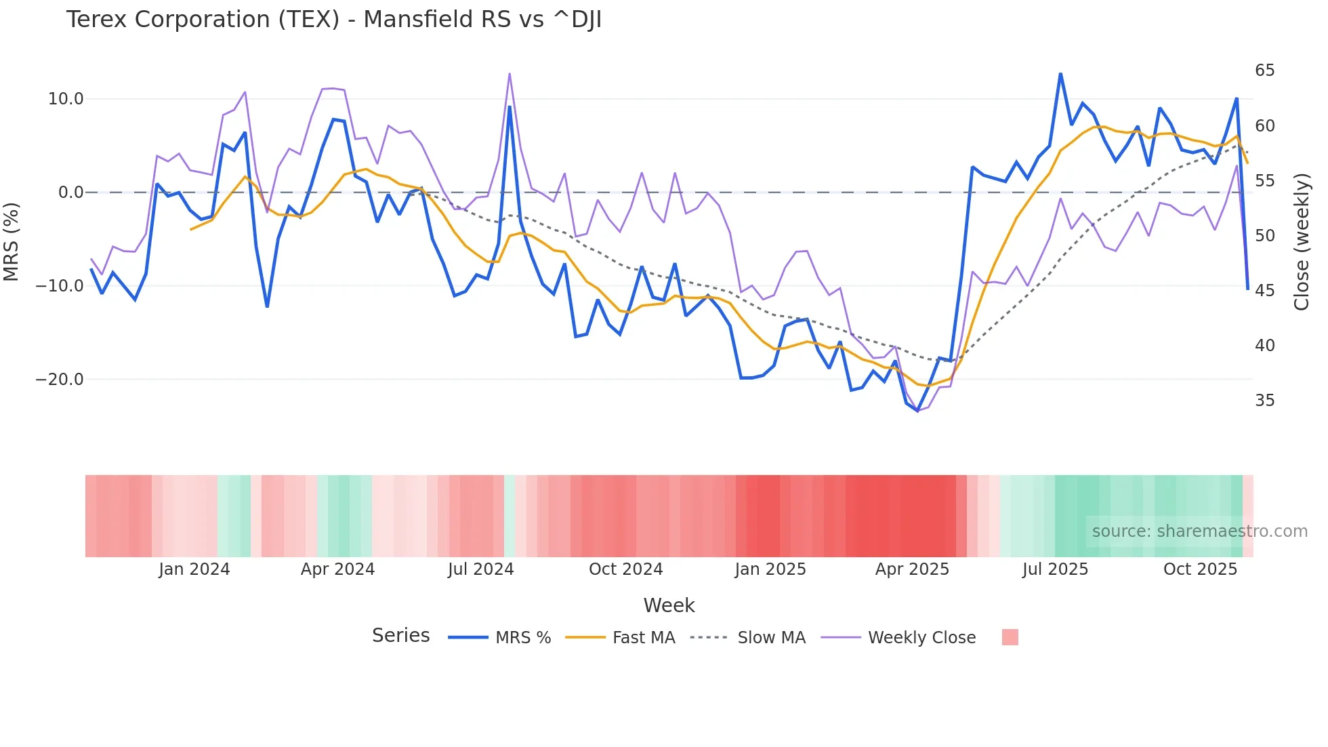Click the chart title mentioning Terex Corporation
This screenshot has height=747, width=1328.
pos(333,20)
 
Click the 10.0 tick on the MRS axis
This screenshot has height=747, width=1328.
pos(66,99)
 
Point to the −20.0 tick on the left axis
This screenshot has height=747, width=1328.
pos(60,380)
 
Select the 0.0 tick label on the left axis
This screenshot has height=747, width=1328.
pos(70,193)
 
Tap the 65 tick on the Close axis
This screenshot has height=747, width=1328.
pos(1264,70)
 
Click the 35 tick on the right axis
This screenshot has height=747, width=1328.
pos(1264,401)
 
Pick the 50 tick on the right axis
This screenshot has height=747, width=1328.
pos(1264,236)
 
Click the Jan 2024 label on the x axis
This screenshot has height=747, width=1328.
pos(194,569)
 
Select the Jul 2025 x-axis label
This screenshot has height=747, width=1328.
pos(1055,569)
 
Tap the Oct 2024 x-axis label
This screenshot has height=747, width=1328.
pos(625,569)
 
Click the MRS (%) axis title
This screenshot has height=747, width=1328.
pos(12,241)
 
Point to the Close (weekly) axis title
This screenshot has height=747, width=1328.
pos(1302,241)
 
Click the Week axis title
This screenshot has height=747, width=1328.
pos(669,605)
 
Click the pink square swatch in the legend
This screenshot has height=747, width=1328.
pos(1010,637)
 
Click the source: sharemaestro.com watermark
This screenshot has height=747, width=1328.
pos(1199,531)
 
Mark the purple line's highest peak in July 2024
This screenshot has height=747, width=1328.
pos(510,74)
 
